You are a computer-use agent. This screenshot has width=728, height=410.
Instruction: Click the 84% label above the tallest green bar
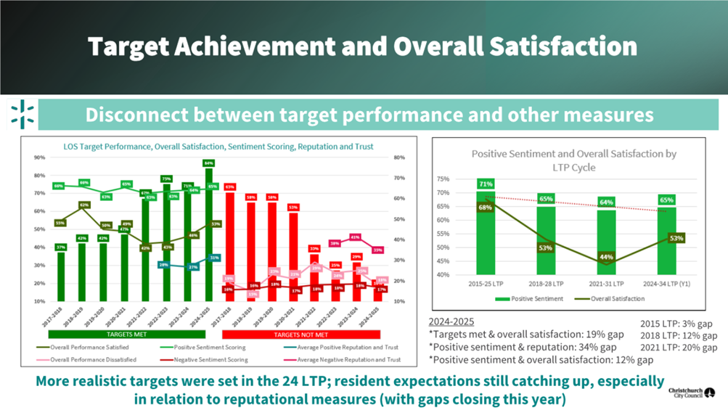[208, 163]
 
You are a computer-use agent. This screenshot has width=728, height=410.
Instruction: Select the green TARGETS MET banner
[126, 335]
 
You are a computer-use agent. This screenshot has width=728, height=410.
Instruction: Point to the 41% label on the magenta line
[354, 237]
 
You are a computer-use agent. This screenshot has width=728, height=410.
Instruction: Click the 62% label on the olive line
[83, 205]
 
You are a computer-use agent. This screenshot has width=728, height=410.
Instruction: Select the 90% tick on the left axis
[39, 157]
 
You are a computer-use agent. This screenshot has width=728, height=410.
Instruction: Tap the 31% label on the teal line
[214, 258]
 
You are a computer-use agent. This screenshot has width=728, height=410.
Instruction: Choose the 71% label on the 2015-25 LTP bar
[486, 184]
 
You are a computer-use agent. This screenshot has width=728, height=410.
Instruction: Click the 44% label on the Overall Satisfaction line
[607, 257]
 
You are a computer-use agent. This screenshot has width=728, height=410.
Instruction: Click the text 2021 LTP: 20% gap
[679, 348]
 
